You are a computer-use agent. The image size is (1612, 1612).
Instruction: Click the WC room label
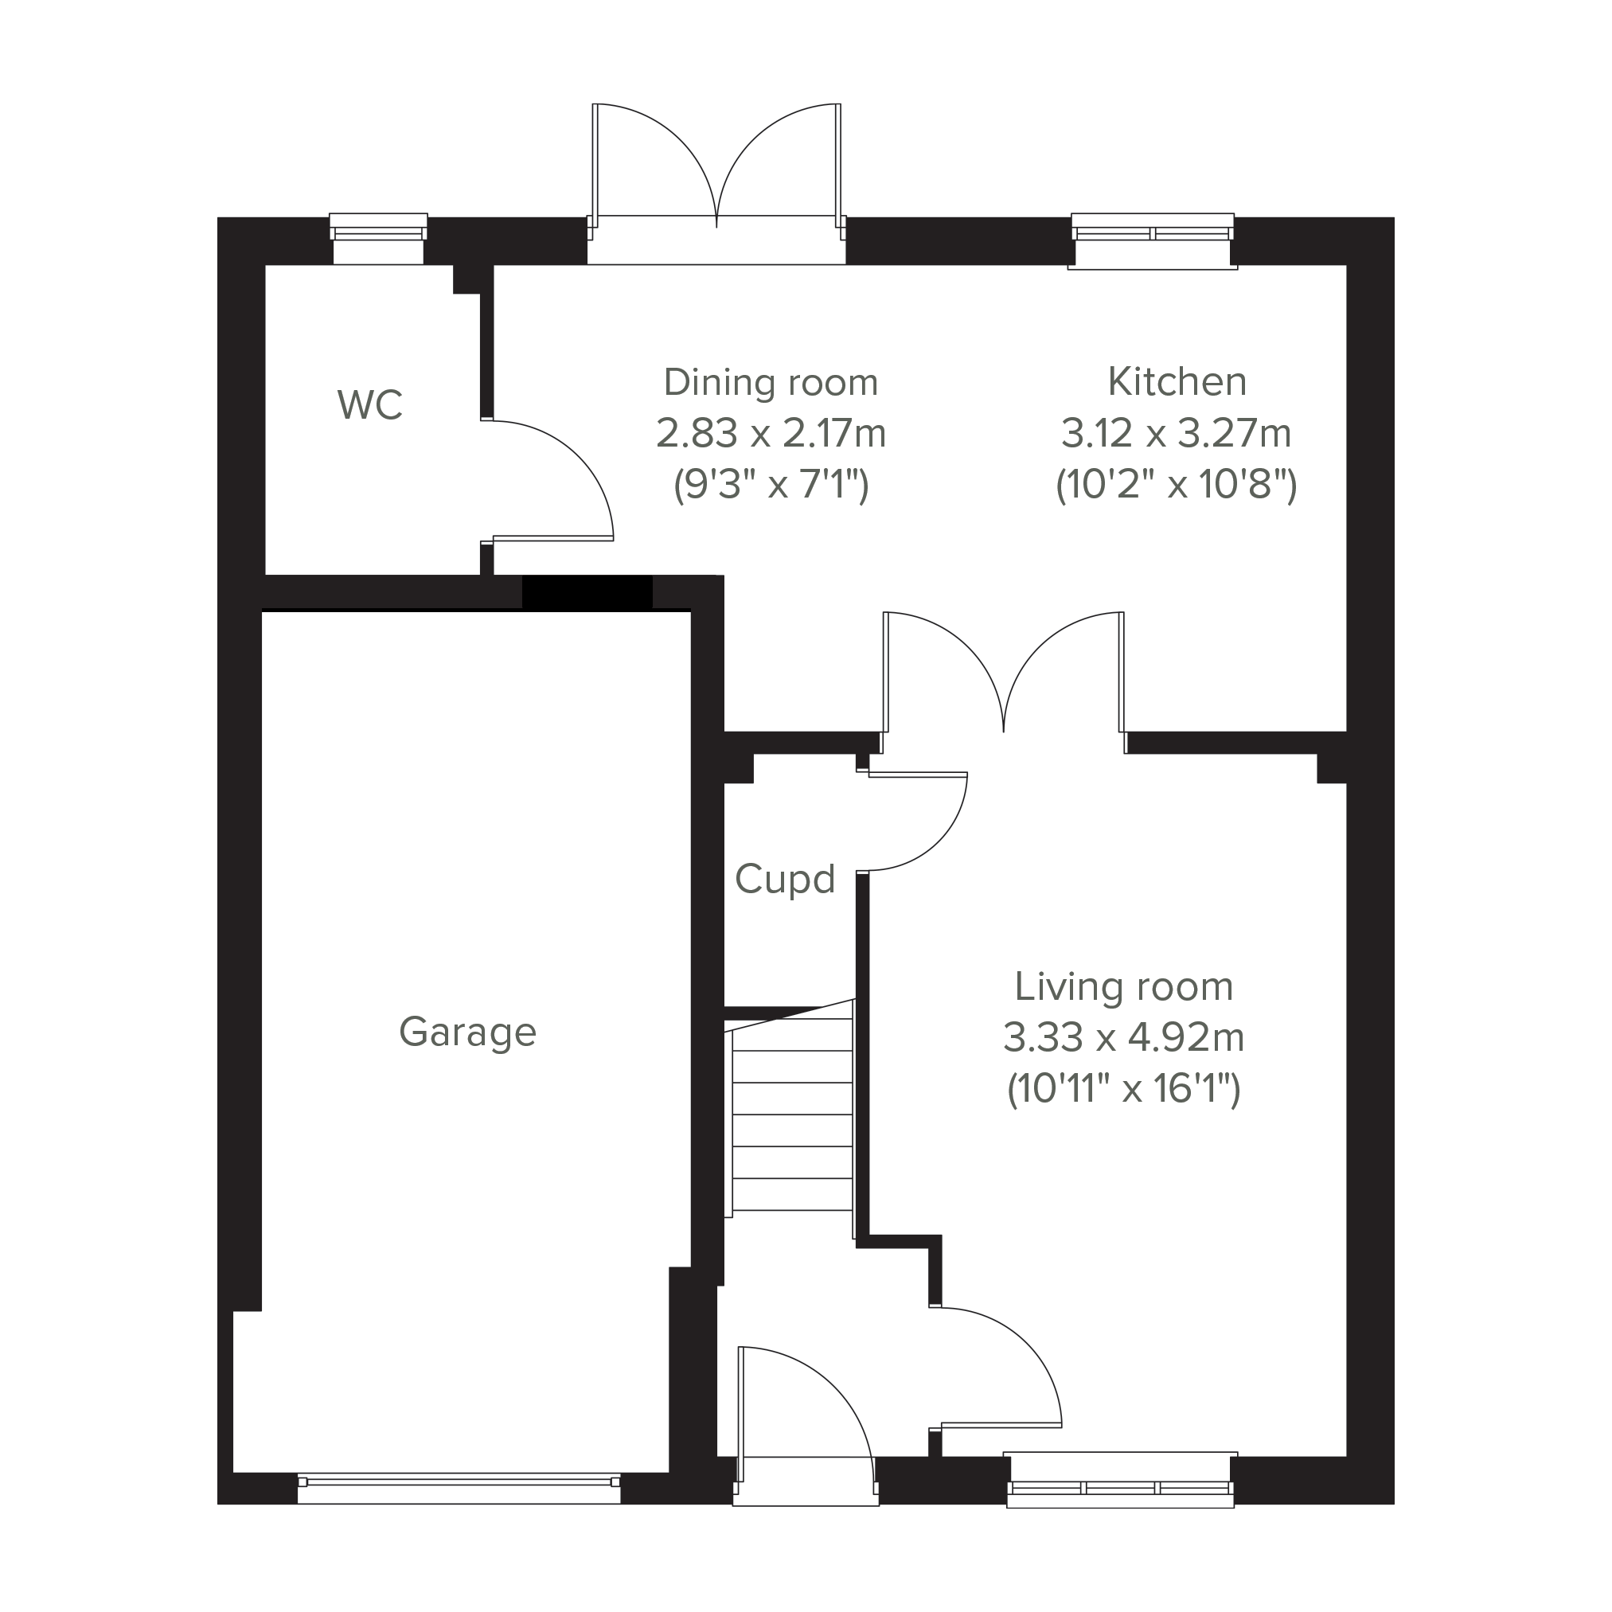[x=369, y=404]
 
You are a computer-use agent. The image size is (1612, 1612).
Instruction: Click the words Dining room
[x=771, y=383]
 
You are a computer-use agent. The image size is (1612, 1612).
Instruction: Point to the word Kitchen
[x=1177, y=382]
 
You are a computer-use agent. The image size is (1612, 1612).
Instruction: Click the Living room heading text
[x=1124, y=988]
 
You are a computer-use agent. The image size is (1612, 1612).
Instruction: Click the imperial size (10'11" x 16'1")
[x=1124, y=1089]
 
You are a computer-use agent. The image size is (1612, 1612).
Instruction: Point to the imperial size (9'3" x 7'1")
[x=771, y=484]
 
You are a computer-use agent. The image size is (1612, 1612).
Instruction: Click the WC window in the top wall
[x=379, y=239]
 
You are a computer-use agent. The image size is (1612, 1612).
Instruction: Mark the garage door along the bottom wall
[x=459, y=1489]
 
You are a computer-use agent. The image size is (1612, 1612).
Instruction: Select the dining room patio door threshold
[x=716, y=240]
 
